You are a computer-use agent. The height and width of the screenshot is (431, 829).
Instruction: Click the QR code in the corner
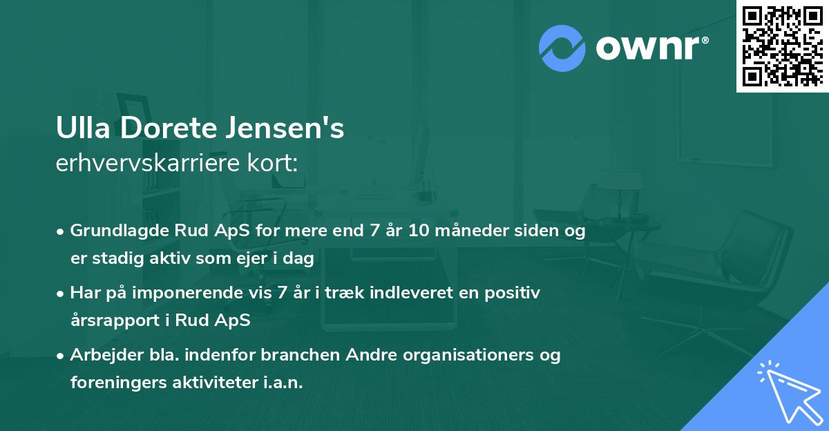pos(782,46)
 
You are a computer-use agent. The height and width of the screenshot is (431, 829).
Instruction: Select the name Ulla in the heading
pos(80,129)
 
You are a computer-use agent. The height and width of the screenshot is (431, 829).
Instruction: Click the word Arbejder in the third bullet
pos(99,355)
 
